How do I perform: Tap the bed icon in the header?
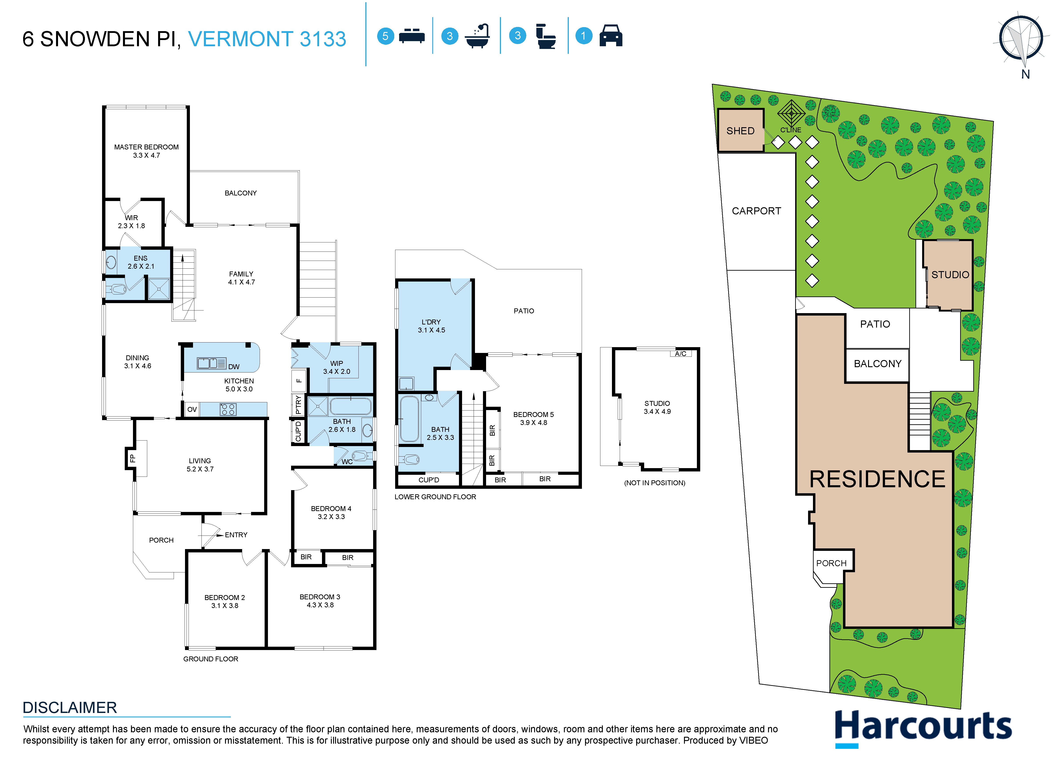pos(411,36)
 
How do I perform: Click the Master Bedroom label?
pos(146,147)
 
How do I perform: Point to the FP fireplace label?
pos(132,458)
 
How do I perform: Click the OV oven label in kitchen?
pos(192,409)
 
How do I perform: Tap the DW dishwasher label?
pos(234,366)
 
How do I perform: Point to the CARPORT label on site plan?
pos(756,211)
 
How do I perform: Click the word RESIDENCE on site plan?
pos(877,479)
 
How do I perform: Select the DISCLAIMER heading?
pos(70,707)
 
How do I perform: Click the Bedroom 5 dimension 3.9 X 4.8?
pos(533,423)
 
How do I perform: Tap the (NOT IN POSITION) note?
pos(654,483)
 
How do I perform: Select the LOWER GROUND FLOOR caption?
pos(435,497)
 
